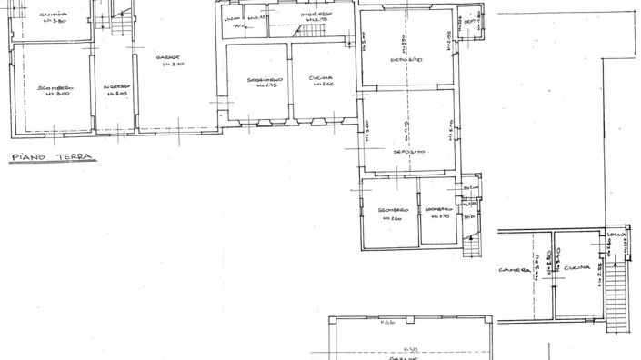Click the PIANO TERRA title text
[45, 158]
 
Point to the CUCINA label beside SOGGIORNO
[320, 77]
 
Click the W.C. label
[237, 26]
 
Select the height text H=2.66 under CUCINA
[320, 85]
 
